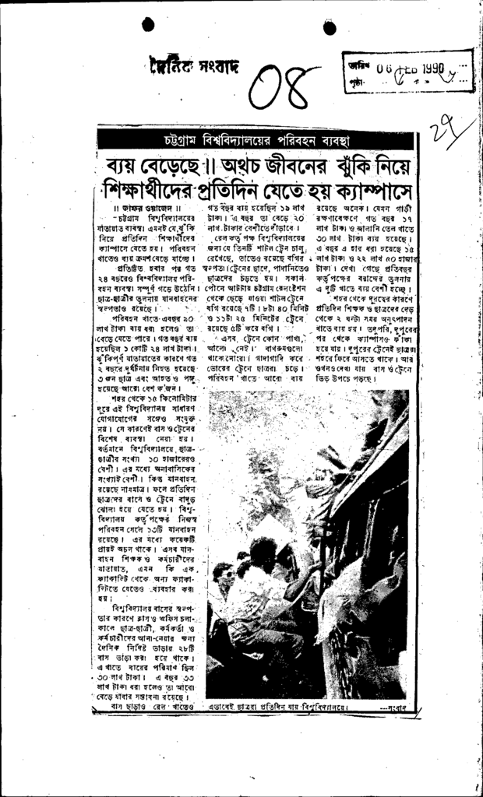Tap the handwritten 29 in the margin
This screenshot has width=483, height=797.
[450, 126]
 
